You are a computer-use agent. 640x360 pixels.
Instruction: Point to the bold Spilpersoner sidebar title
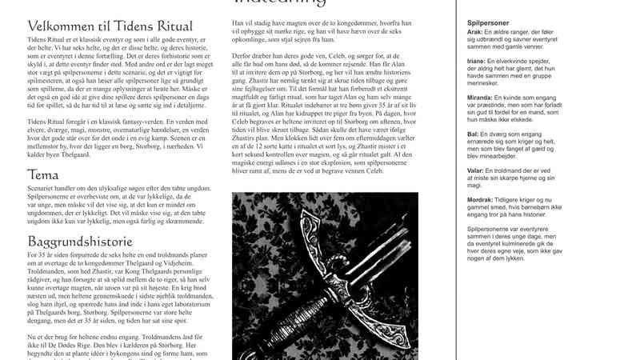tap(489, 23)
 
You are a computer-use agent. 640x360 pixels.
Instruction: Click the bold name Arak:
tap(474, 31)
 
